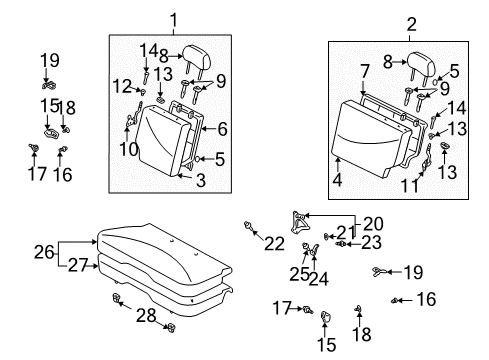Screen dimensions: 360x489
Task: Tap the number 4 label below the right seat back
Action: coord(338,180)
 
